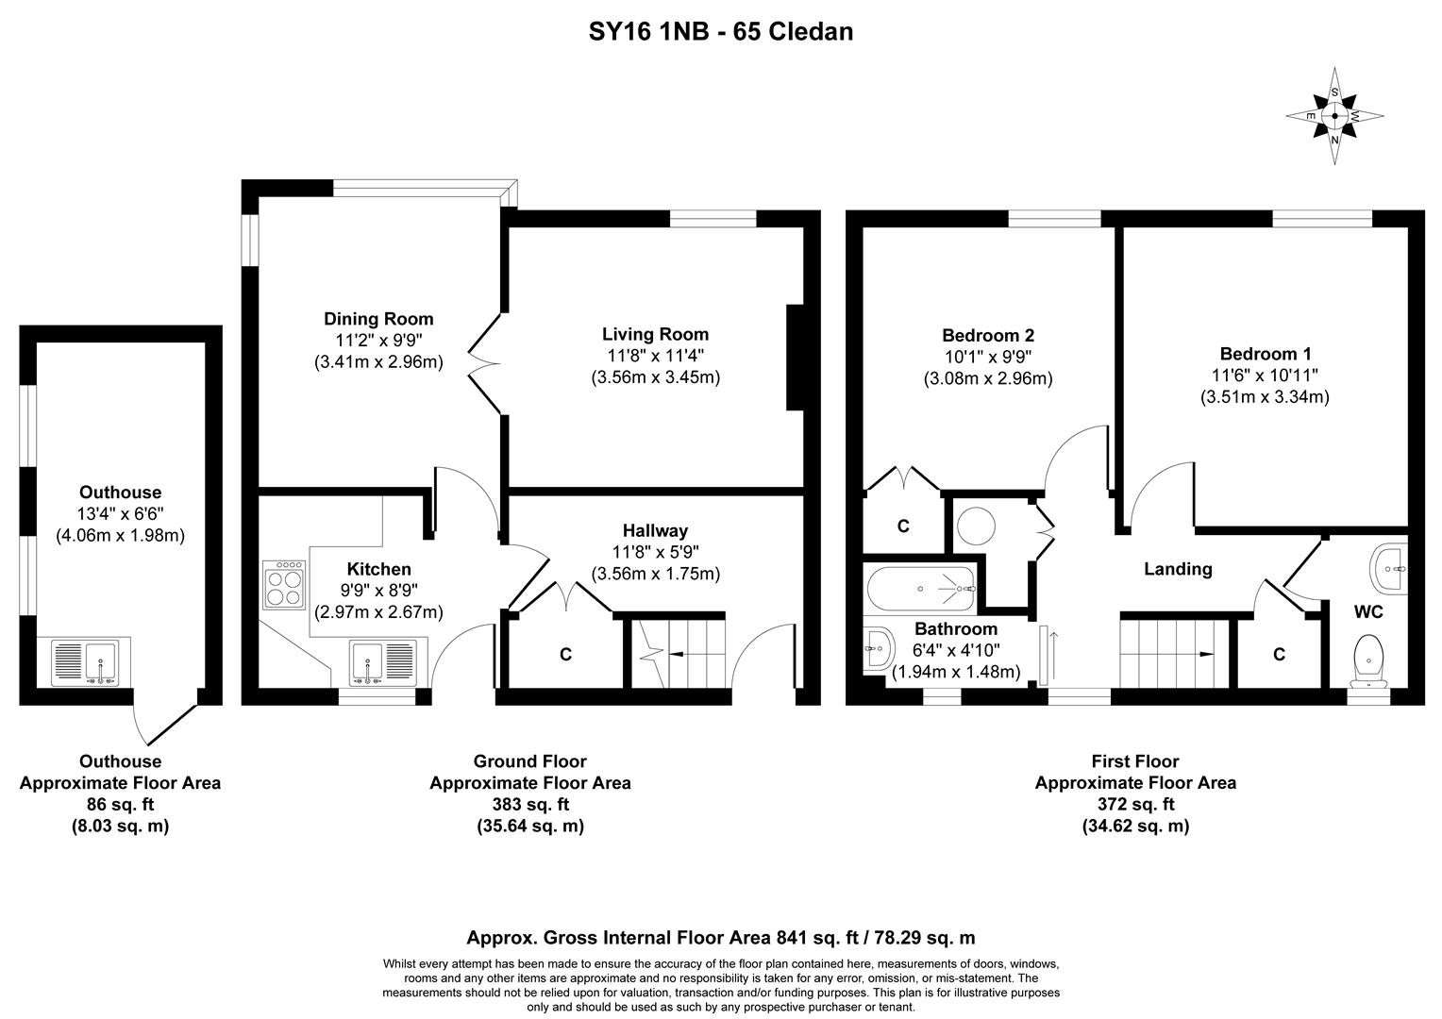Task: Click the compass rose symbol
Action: point(1334,116)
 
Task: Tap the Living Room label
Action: point(655,334)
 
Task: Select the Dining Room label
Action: point(378,319)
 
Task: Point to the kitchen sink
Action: point(381,662)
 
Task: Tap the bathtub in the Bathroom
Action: point(919,588)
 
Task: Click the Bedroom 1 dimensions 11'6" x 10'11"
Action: point(1265,376)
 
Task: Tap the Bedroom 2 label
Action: point(987,335)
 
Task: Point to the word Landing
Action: point(1178,569)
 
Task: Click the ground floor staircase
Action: point(677,652)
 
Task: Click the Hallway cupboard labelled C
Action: point(565,654)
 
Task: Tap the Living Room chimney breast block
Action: point(795,358)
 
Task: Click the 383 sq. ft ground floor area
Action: point(529,805)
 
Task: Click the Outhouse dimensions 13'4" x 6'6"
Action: point(120,514)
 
